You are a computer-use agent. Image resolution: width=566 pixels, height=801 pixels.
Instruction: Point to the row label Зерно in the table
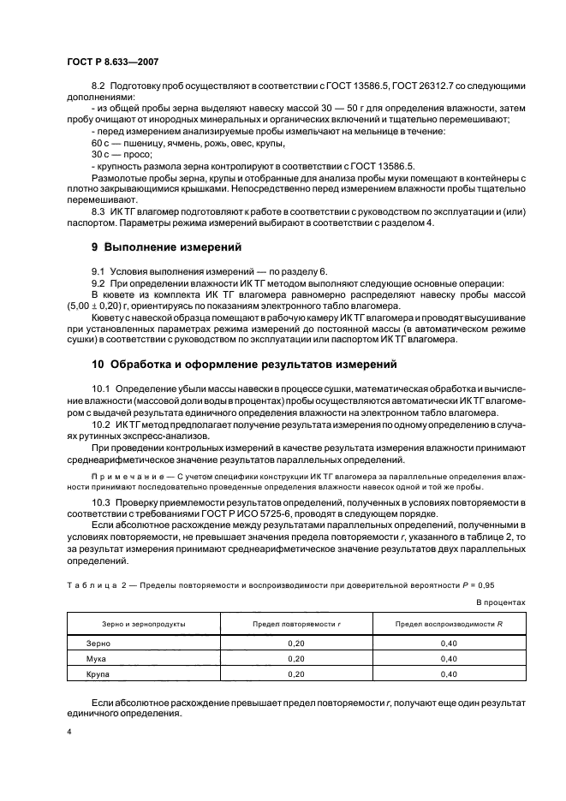98,642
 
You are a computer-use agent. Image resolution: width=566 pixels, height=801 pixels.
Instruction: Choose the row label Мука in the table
97,658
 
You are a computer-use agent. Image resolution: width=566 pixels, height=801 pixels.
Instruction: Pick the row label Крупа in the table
99,674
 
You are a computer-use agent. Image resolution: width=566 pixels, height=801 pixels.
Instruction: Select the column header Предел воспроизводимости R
448,624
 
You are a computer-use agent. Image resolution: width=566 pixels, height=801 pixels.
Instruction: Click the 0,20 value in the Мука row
295,658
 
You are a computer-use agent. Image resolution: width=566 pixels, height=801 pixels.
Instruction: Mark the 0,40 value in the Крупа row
448,674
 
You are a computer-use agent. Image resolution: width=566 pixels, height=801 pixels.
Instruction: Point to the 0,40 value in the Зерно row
448,642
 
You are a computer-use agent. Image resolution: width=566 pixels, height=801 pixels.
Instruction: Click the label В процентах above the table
500,602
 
